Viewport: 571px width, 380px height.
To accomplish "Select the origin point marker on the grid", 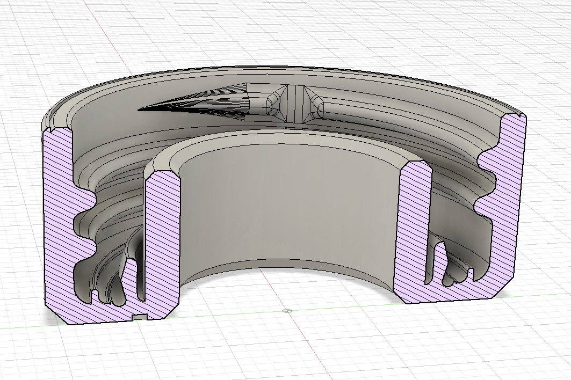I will [x=286, y=310].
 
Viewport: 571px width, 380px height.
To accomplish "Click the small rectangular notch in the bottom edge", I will [x=140, y=317].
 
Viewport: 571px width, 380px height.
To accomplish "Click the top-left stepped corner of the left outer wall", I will [x=54, y=127].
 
